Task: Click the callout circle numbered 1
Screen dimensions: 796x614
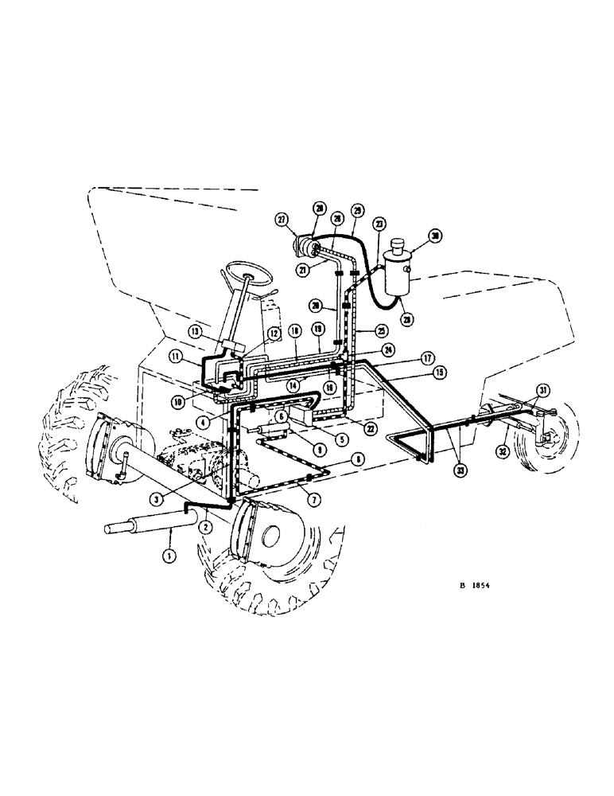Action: click(168, 556)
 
